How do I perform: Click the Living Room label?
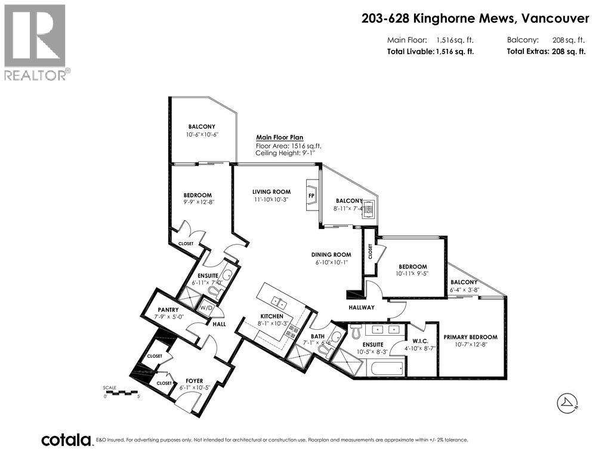click(271, 192)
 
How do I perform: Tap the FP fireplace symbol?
click(311, 195)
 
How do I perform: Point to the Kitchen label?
click(271, 316)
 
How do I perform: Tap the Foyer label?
click(194, 380)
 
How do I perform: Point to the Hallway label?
click(362, 307)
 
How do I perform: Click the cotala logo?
click(66, 440)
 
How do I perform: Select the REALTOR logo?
click(36, 42)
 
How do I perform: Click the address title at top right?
click(475, 18)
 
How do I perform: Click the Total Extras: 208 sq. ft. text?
click(546, 51)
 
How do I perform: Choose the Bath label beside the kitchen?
click(317, 336)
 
